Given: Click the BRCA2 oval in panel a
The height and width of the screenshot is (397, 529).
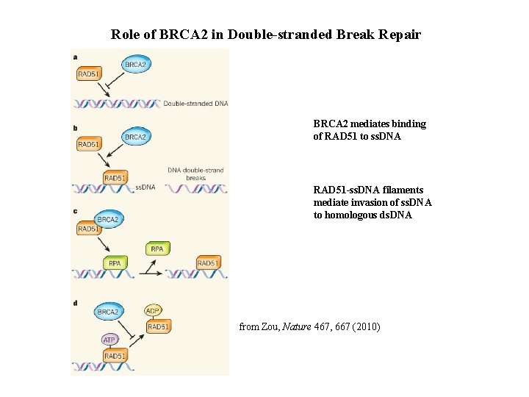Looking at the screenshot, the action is click(x=136, y=65).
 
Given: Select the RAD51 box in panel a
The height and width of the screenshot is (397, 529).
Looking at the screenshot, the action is click(x=89, y=74).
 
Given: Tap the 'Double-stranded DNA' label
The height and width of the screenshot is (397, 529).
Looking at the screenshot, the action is click(x=195, y=104).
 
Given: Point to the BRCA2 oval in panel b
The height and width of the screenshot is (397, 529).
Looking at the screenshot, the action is click(x=136, y=137).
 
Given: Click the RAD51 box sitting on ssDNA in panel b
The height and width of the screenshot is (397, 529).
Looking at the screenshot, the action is click(x=115, y=178).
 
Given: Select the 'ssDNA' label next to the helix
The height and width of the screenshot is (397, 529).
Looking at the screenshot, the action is click(x=145, y=187).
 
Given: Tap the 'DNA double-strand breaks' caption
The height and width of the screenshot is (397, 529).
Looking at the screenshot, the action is click(x=195, y=174).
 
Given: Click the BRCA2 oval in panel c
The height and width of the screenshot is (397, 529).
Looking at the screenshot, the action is click(x=108, y=218).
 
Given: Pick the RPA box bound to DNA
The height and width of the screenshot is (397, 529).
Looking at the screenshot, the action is click(x=115, y=262).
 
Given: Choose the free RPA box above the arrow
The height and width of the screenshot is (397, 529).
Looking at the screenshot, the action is click(x=157, y=248).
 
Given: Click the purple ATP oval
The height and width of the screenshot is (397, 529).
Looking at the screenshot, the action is click(x=109, y=340).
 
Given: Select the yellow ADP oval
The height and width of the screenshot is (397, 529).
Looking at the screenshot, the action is click(x=154, y=311).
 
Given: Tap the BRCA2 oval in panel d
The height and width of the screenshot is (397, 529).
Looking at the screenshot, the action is click(x=108, y=312).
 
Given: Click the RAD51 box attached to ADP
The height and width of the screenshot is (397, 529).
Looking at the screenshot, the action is click(x=159, y=326).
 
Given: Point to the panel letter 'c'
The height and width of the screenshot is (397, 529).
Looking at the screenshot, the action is click(x=75, y=212).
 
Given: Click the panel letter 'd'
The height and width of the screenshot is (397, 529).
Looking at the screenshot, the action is click(x=75, y=303).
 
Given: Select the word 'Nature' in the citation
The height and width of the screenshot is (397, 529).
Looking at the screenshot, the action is click(x=298, y=326).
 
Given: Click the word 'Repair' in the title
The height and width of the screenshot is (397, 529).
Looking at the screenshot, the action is click(x=402, y=35).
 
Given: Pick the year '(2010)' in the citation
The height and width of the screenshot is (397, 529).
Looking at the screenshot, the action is click(x=366, y=326).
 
